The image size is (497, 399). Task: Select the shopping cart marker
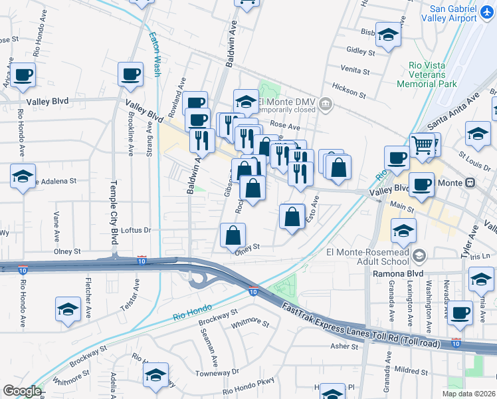(422, 144)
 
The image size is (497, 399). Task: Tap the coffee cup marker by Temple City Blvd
(130, 74)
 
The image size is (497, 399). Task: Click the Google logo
(22, 391)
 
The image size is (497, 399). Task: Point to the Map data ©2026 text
(468, 394)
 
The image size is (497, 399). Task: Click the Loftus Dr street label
(138, 230)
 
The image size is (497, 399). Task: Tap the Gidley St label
(361, 50)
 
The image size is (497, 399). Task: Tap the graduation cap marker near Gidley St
(388, 34)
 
